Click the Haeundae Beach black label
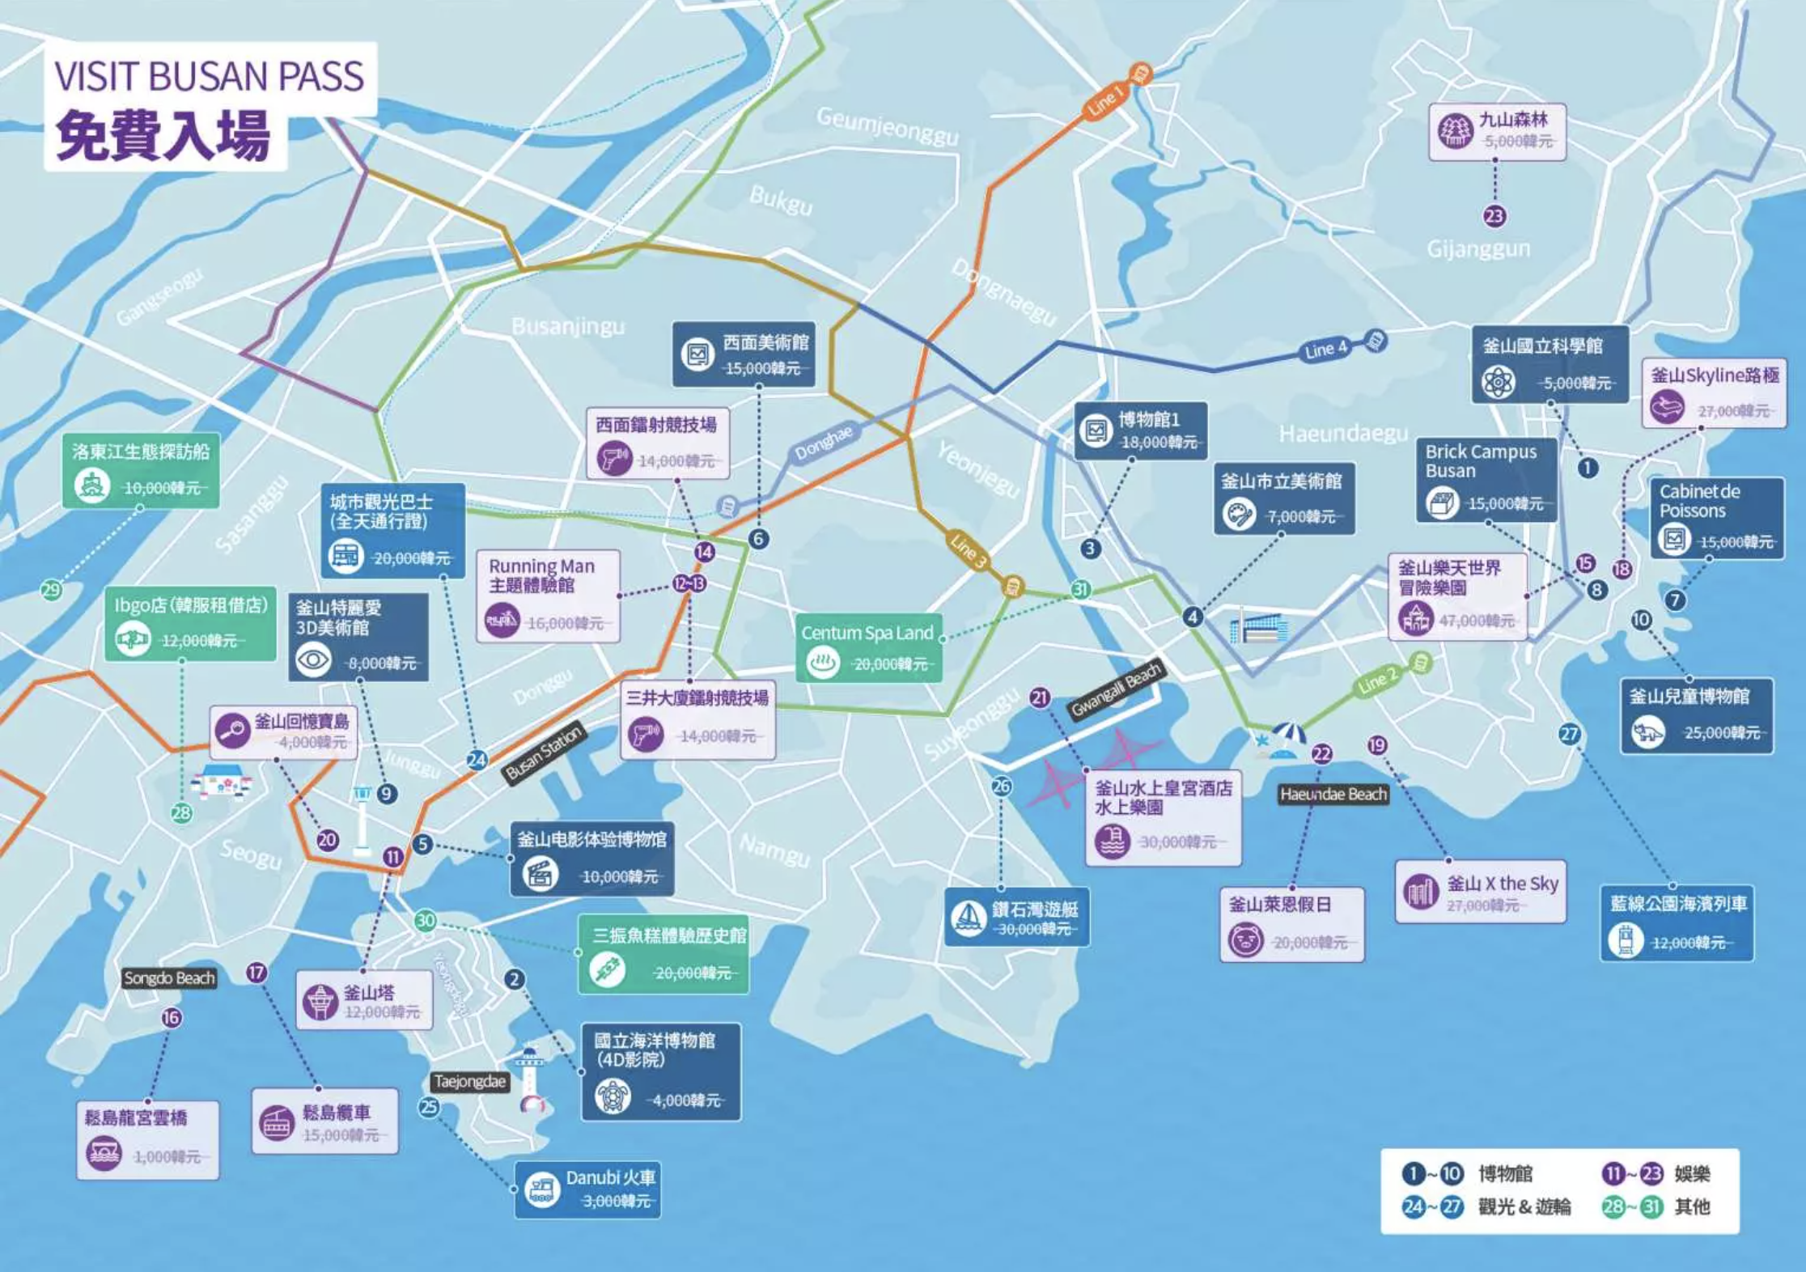tap(1333, 795)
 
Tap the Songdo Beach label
tap(169, 978)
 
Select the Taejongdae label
tap(469, 1082)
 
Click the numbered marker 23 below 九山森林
tap(1494, 216)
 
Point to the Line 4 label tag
tap(1325, 350)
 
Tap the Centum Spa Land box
tap(868, 647)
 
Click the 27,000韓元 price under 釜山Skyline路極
tap(1732, 411)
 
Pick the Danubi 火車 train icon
tap(541, 1189)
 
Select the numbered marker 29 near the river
tap(51, 589)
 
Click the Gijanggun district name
tap(1478, 248)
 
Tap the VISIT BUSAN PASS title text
tap(209, 76)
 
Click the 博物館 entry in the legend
tap(1504, 1173)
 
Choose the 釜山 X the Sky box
tap(1480, 892)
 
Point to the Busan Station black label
tap(543, 753)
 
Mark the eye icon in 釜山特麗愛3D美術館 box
tap(313, 660)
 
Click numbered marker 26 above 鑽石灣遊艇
tap(1001, 786)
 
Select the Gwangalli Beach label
tap(1115, 689)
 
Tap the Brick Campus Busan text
tap(1480, 460)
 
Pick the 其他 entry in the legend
tap(1691, 1207)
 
